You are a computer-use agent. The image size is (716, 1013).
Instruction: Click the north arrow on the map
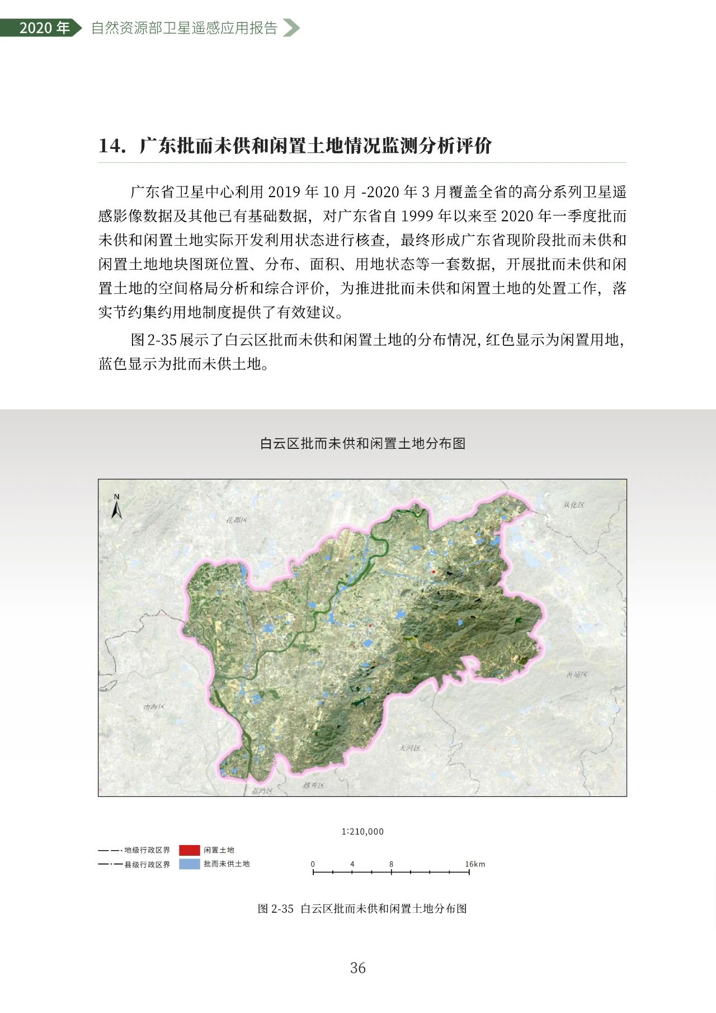click(117, 507)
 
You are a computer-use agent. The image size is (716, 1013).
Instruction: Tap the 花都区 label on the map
click(236, 520)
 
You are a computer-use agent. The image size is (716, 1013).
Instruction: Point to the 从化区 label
click(573, 505)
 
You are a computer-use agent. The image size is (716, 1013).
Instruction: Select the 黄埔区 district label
click(577, 674)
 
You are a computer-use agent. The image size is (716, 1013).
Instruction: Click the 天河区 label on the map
click(409, 748)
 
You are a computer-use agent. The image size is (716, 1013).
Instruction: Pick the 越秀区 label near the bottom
click(313, 785)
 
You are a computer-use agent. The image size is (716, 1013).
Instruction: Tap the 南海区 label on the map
click(154, 707)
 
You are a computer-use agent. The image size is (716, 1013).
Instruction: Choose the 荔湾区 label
click(262, 791)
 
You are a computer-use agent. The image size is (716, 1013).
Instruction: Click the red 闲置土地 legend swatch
click(189, 850)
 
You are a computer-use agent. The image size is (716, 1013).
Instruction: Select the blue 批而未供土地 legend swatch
click(189, 864)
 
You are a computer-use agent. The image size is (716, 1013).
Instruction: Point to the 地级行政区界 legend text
click(147, 850)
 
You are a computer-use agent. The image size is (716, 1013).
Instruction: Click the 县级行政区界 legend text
click(147, 865)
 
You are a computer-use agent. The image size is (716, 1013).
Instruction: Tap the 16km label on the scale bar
click(475, 864)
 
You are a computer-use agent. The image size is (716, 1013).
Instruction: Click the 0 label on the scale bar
click(313, 864)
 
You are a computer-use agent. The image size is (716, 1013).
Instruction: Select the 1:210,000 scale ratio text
click(362, 832)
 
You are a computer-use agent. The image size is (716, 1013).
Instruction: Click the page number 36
click(358, 968)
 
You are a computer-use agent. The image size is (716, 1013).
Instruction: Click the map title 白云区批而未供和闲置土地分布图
click(362, 444)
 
